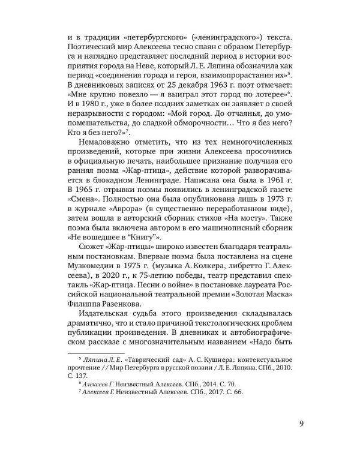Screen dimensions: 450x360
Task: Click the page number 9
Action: coord(301,425)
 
